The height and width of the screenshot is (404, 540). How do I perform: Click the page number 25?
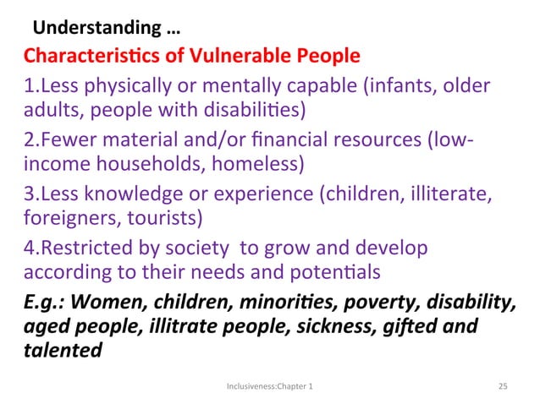point(502,385)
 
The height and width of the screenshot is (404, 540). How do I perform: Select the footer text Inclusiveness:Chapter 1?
point(270,385)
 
